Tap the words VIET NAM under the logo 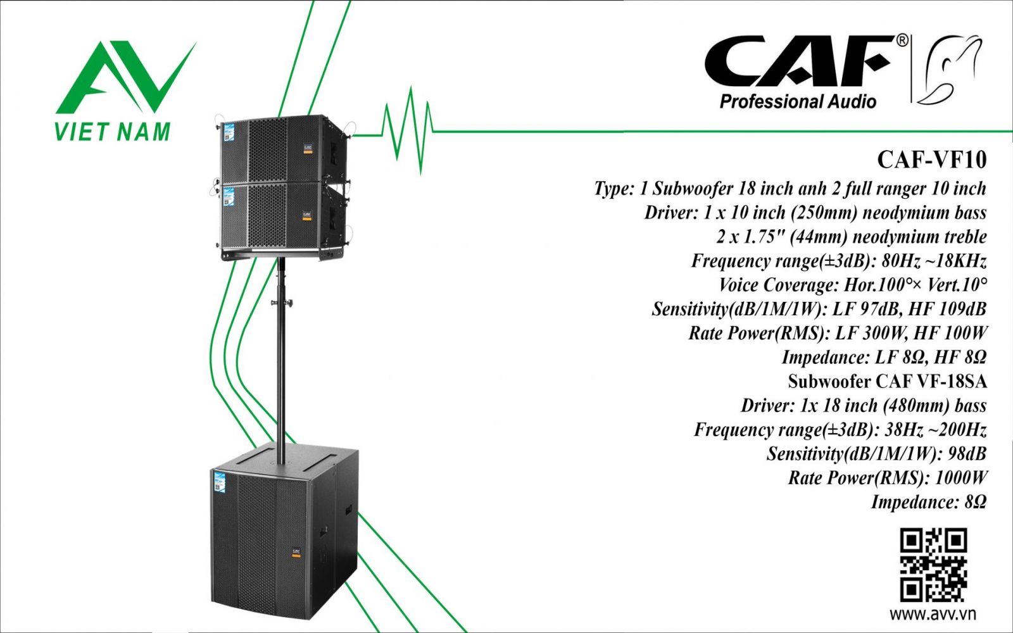coord(113,131)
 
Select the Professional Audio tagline coord(798,101)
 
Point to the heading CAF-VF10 coord(931,160)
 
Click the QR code coord(933,565)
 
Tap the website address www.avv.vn coord(933,613)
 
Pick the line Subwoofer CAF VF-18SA coord(887,381)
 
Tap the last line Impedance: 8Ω coord(929,502)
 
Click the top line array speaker coord(282,150)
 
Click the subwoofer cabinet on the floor coord(284,532)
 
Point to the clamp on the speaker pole coord(282,303)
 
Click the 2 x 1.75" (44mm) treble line coord(852,237)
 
